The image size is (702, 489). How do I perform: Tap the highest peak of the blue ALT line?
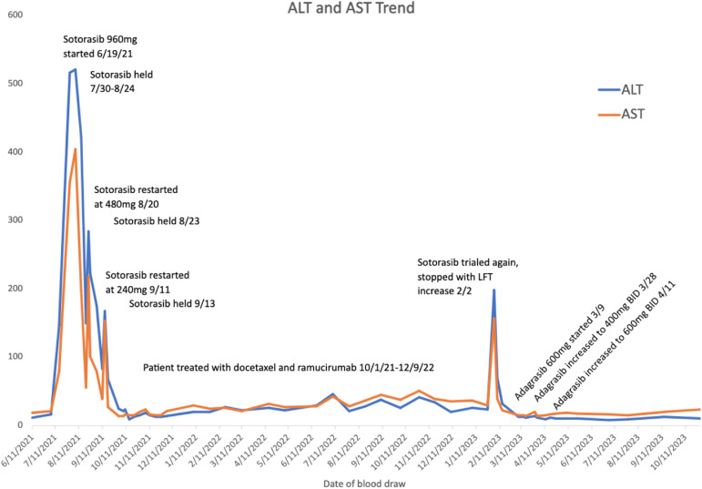tap(75, 69)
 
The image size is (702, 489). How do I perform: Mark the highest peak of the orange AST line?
tap(75, 149)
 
